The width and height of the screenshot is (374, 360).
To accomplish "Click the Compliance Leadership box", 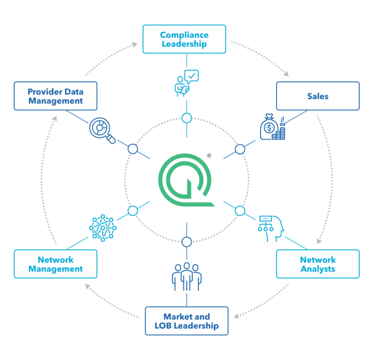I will pos(184,39).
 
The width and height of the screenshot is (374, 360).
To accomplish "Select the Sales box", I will pos(318,96).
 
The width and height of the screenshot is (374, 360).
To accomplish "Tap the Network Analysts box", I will pos(318,264).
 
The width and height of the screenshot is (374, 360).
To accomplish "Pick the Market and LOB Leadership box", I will pos(187,321).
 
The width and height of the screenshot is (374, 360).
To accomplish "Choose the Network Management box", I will pos(56,264).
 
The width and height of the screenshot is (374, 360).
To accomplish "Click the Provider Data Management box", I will pos(56,96).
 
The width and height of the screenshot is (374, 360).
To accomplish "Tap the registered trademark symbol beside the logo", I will pos(209,156).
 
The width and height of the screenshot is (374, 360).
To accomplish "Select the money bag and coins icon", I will pos(272,128).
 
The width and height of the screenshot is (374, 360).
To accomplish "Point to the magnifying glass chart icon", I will pos(102,130).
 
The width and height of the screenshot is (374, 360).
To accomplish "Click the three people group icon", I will pos(187,276).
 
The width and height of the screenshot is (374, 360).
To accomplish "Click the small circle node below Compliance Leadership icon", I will pos(187,118).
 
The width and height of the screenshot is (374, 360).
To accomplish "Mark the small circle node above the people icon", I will pos(187,241).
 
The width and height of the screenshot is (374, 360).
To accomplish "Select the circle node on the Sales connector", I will pos(240,149).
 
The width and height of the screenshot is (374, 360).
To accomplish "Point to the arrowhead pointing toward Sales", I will pos(286,74).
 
